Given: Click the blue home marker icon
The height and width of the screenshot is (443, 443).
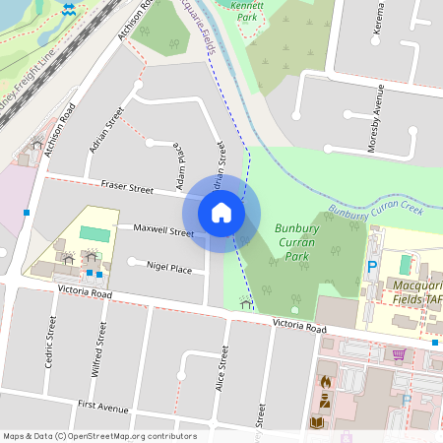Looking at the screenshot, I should point(221,213).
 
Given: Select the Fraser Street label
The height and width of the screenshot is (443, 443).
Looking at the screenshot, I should point(128,186).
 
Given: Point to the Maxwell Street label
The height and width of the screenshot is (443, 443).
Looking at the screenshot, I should point(164,231).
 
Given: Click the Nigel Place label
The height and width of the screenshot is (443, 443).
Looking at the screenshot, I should point(168,267).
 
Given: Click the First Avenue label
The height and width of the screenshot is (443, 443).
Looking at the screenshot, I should point(103,406).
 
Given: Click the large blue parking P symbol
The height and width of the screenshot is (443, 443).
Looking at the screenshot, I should point(373,267).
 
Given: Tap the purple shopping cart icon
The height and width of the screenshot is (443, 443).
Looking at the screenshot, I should point(399,355).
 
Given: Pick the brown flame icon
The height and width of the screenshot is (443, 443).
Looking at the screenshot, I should point(326,381).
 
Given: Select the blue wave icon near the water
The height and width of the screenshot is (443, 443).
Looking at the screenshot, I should point(68,10).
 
